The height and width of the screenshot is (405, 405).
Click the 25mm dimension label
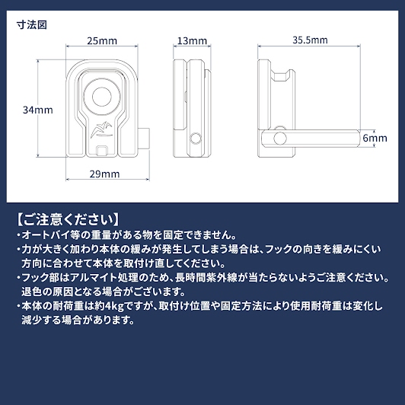(102, 41)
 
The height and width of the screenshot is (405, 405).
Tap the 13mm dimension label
(192, 41)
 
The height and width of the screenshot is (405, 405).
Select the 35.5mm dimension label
(310, 40)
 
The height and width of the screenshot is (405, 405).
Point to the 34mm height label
(38, 110)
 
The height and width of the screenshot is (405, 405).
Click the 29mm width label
(104, 174)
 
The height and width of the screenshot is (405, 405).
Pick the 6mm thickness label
(375, 139)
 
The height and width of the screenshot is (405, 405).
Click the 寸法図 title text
(32, 25)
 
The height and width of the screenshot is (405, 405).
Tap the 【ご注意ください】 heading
(69, 219)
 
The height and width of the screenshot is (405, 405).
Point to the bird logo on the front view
(102, 129)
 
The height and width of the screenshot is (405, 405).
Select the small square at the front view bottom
(102, 151)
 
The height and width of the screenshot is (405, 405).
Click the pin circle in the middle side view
(195, 139)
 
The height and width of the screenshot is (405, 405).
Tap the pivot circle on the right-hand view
(280, 139)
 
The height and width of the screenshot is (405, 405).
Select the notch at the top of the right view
(283, 76)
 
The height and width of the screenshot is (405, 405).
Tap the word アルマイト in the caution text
(93, 278)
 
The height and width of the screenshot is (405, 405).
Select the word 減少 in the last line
(31, 320)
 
